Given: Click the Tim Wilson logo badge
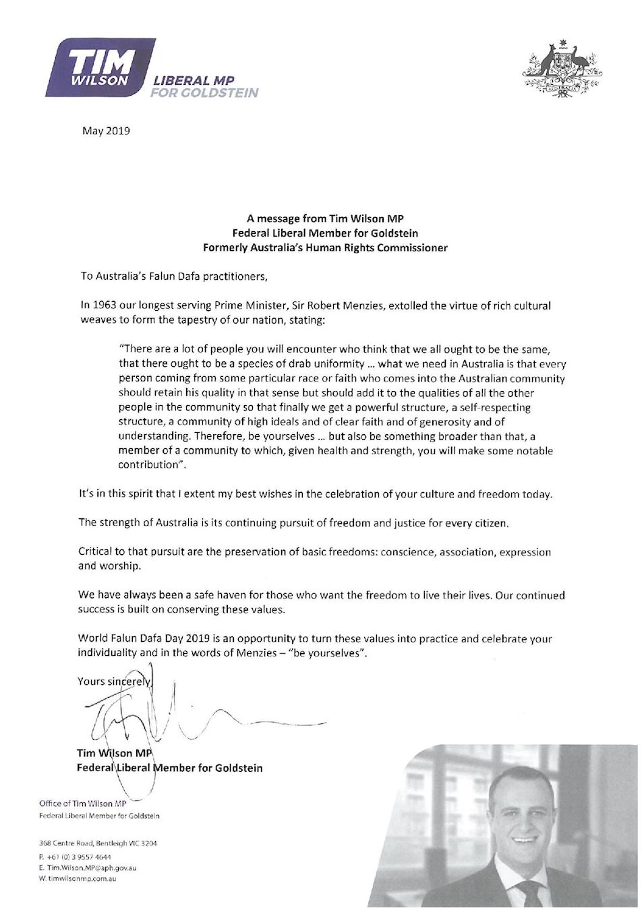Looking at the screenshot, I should coord(100,67).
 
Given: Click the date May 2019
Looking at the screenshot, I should coord(106,131).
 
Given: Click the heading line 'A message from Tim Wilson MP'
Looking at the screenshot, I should coord(325,218).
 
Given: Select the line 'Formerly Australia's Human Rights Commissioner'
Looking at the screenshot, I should coord(325,247).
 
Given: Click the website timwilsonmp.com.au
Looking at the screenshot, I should coord(82,879).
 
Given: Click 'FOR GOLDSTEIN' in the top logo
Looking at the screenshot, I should coord(204,93).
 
